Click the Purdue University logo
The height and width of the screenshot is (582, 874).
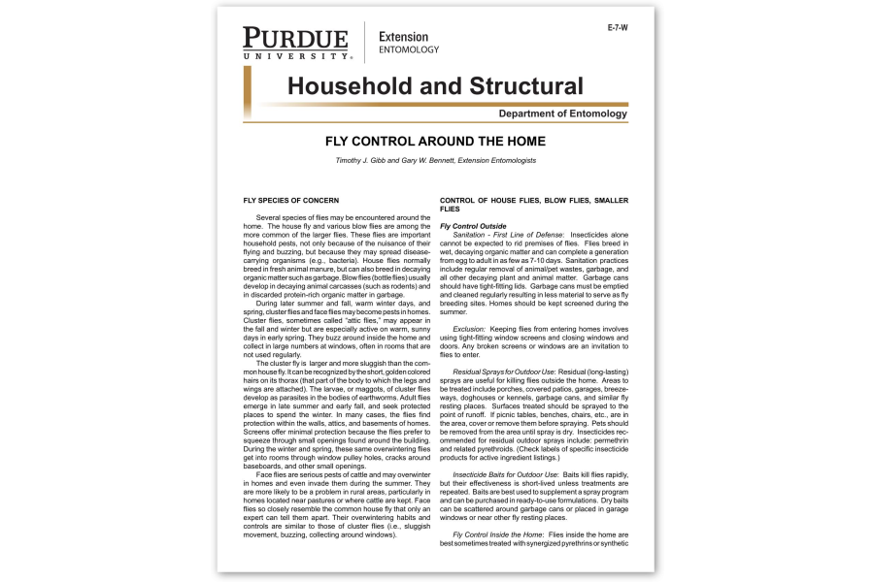point(295,43)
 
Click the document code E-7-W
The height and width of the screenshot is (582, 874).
point(617,28)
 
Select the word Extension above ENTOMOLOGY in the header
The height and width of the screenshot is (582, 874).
point(403,37)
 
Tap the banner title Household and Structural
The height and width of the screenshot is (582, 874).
point(434,85)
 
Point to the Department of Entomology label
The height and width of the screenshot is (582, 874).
point(562,114)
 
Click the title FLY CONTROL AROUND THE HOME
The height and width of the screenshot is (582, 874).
point(435,142)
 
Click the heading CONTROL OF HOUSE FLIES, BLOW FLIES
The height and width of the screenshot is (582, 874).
point(532,200)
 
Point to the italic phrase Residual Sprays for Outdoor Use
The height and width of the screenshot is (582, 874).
point(503,372)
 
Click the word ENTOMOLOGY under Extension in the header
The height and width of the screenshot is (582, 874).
point(408,49)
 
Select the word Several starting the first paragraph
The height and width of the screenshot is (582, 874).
point(271,218)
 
